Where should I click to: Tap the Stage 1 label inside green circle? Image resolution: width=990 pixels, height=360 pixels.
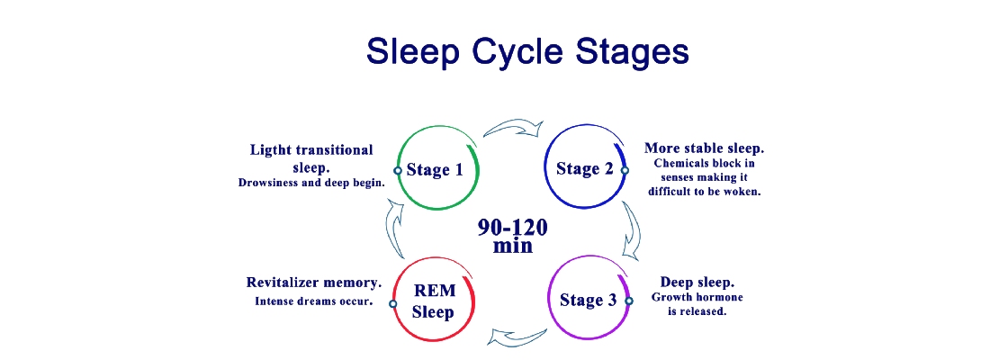point(435,169)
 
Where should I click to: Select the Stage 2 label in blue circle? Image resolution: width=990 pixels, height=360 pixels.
point(585,168)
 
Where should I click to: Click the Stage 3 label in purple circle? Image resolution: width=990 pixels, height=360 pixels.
point(588,300)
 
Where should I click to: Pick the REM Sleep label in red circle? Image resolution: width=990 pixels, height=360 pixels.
point(434,301)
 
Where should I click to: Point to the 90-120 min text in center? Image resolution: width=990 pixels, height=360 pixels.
point(512,235)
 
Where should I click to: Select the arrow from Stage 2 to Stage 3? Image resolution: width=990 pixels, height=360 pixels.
point(632,229)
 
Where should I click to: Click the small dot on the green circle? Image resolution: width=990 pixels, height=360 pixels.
point(398,170)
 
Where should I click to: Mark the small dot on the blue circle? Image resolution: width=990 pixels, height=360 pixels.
point(625,170)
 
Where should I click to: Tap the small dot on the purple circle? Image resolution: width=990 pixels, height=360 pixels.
point(629,301)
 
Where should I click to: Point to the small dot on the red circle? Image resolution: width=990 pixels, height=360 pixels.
point(392,304)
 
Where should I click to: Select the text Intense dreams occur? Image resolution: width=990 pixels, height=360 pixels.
point(314,301)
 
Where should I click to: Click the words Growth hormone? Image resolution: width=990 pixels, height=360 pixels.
point(697,297)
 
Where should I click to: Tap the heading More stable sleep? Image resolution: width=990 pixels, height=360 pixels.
point(704,148)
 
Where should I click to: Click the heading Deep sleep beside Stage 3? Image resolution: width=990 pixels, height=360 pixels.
point(697,282)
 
